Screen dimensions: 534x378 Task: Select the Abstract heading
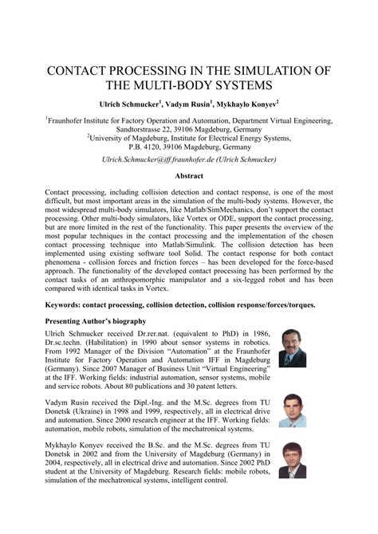click(188, 175)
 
